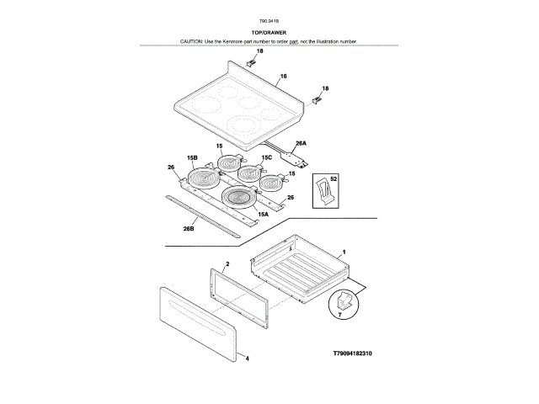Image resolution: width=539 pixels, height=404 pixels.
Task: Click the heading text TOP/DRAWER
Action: [269, 32]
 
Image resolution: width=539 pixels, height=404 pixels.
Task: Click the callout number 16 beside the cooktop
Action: [284, 77]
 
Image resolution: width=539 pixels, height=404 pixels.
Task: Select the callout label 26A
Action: [299, 144]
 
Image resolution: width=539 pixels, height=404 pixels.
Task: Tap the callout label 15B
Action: [191, 157]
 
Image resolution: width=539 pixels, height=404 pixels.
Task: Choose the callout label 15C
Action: [266, 157]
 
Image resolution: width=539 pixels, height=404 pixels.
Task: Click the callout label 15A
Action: [263, 215]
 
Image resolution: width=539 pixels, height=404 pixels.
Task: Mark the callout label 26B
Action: [189, 228]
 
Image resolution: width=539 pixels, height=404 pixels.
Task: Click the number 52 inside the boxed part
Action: [333, 178]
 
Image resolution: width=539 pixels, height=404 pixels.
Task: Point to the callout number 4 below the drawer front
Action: [248, 358]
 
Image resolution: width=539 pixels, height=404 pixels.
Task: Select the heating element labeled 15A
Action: [239, 199]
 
